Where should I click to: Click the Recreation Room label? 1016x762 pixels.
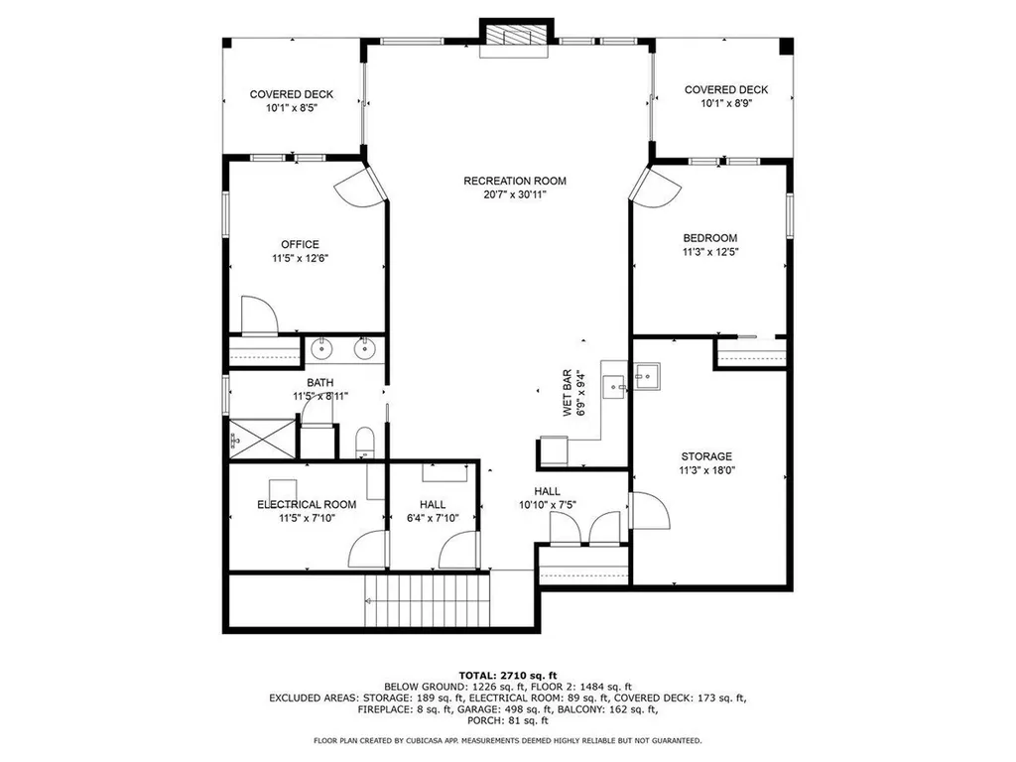tap(515, 181)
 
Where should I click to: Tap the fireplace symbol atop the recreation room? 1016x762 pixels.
tap(516, 37)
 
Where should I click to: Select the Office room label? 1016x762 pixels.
tap(300, 244)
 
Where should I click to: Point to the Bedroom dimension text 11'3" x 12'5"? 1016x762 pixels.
tap(710, 252)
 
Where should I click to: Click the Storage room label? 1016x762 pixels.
tap(706, 456)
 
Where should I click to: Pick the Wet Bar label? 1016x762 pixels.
tap(568, 393)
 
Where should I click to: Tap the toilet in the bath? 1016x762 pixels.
tap(365, 442)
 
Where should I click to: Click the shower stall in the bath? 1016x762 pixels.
tap(262, 439)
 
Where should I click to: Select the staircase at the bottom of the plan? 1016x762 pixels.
tap(428, 600)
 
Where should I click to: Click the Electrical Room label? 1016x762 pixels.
tap(307, 504)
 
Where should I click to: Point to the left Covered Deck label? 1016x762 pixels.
tap(292, 94)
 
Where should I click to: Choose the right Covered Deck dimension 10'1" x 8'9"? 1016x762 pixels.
tap(726, 103)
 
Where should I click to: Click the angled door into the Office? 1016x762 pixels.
tap(360, 186)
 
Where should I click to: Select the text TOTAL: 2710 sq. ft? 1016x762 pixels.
tap(508, 675)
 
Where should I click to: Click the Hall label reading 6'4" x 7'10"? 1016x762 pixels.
tap(433, 511)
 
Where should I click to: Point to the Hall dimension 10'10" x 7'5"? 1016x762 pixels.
tap(548, 505)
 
